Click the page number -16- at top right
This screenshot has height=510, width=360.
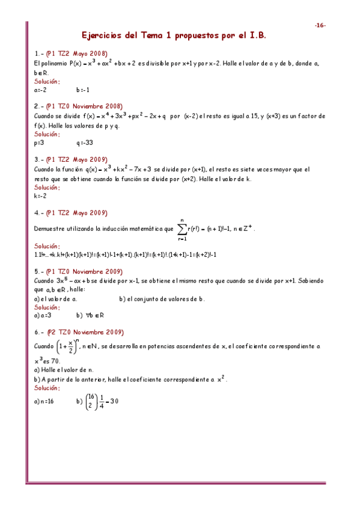click(x=320, y=25)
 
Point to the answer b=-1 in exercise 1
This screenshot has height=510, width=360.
click(x=83, y=90)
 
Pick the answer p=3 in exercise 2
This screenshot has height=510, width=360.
click(x=40, y=143)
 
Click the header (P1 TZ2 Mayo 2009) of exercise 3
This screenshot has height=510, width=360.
click(x=77, y=160)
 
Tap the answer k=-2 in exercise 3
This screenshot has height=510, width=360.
click(x=41, y=195)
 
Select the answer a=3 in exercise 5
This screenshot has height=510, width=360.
click(x=43, y=315)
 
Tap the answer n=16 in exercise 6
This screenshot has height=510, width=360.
click(x=44, y=401)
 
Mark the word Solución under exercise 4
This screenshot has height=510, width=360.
click(x=47, y=246)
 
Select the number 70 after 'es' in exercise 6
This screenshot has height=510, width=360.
click(x=56, y=361)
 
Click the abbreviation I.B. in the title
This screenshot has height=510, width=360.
click(x=255, y=36)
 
